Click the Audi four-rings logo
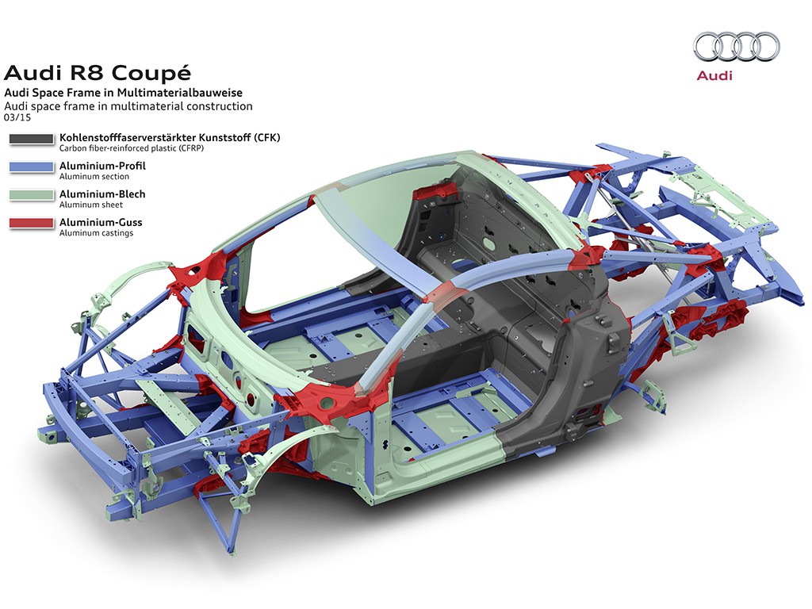pos(736,45)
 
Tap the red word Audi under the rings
pos(714,76)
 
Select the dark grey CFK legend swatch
pos(32,140)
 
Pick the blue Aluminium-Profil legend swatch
pos(32,168)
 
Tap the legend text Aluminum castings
pos(96,233)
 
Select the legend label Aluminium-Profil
pos(102,166)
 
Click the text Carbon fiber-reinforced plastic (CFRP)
pos(126,147)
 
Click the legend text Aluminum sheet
pos(90,205)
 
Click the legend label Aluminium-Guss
pos(101,223)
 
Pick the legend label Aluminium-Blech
pos(102,194)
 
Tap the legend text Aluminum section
pos(94,176)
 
